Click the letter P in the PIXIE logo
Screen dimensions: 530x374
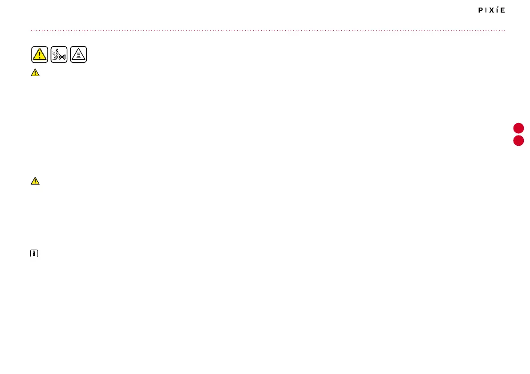click(481, 10)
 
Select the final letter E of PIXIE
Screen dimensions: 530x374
click(503, 10)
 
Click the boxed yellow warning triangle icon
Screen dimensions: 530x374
click(40, 54)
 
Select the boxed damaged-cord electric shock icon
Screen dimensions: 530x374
click(59, 54)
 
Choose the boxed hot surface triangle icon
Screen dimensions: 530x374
click(78, 54)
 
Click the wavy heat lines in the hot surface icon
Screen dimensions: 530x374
click(78, 56)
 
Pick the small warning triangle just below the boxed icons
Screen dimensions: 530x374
click(35, 73)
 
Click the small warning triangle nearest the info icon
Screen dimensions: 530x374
click(35, 181)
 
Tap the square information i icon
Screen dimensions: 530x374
click(34, 254)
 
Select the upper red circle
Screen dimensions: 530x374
click(518, 128)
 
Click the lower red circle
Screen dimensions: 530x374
click(518, 141)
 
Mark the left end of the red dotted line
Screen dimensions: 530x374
click(31, 31)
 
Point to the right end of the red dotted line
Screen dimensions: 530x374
click(505, 31)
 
